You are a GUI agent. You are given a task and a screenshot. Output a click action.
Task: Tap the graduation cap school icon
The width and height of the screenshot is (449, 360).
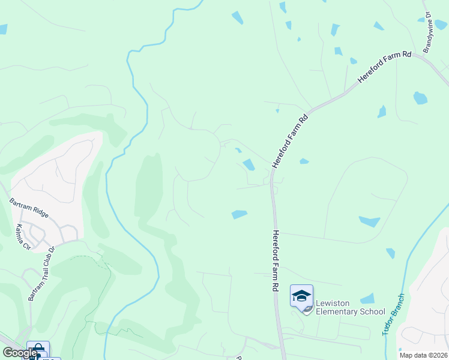coord(301,295)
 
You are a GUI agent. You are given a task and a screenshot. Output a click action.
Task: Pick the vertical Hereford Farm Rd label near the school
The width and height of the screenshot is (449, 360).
coord(275,261)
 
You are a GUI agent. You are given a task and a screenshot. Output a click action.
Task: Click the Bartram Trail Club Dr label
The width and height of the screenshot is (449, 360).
coord(42,274)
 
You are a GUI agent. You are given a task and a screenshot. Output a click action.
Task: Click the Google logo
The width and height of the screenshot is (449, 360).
coord(19,353)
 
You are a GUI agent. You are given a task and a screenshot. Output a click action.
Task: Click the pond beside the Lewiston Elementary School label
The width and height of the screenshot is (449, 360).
coord(367,298)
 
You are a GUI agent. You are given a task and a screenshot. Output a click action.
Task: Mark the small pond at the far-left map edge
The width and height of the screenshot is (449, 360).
coord(2,29)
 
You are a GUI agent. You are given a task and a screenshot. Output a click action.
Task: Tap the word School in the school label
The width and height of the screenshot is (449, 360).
coord(372,311)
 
